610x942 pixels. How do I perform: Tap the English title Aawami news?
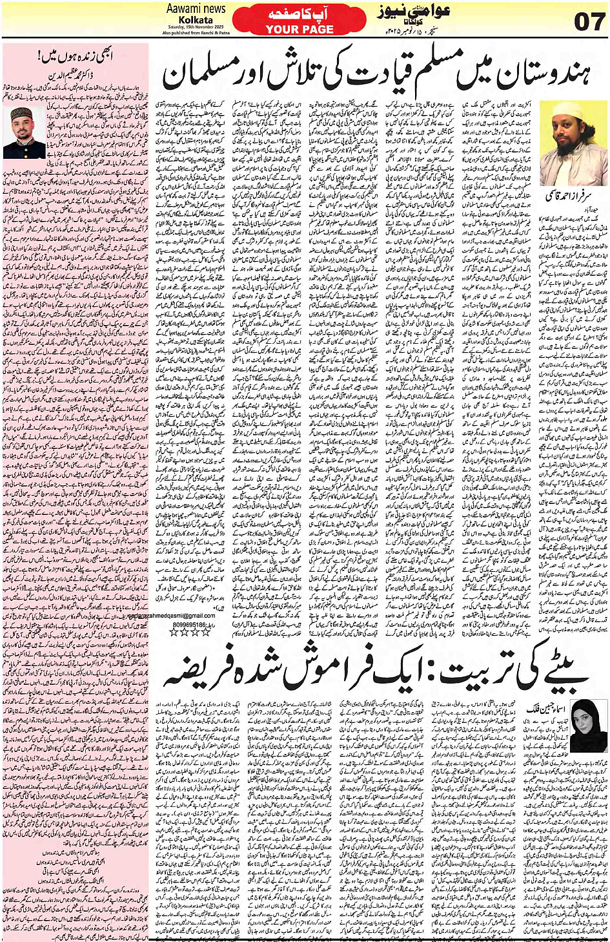196,8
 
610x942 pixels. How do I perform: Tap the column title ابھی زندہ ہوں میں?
76,56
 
